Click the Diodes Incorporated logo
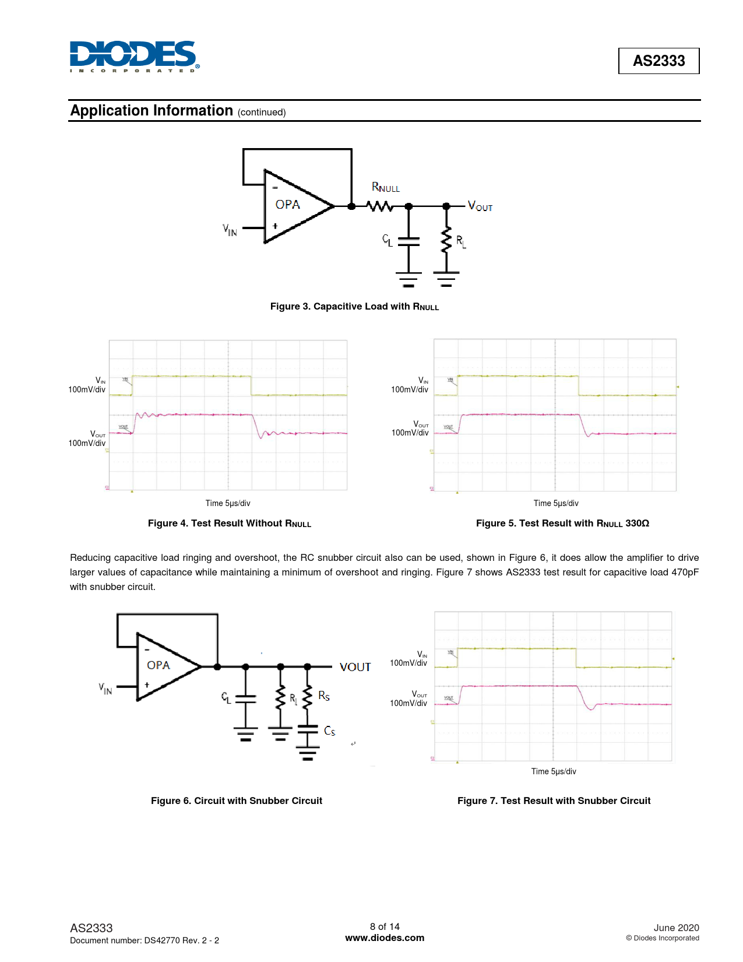(x=134, y=57)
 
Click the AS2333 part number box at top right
(x=659, y=61)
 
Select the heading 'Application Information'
(x=152, y=111)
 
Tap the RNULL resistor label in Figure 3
(x=386, y=188)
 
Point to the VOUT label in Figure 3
(x=480, y=206)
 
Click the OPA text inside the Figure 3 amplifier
(x=288, y=205)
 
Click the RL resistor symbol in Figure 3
(x=446, y=240)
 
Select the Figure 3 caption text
(x=354, y=307)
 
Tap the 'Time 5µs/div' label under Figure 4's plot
(x=228, y=503)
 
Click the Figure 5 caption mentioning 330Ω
(x=562, y=524)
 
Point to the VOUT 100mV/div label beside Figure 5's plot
(x=410, y=429)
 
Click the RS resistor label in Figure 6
(x=324, y=696)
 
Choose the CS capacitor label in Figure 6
(x=329, y=731)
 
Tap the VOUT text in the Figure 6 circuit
(x=355, y=667)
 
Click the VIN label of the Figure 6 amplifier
(x=105, y=689)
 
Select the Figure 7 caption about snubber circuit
(x=554, y=801)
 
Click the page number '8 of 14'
(x=385, y=926)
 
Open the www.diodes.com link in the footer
(x=385, y=938)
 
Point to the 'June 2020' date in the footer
(x=676, y=928)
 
